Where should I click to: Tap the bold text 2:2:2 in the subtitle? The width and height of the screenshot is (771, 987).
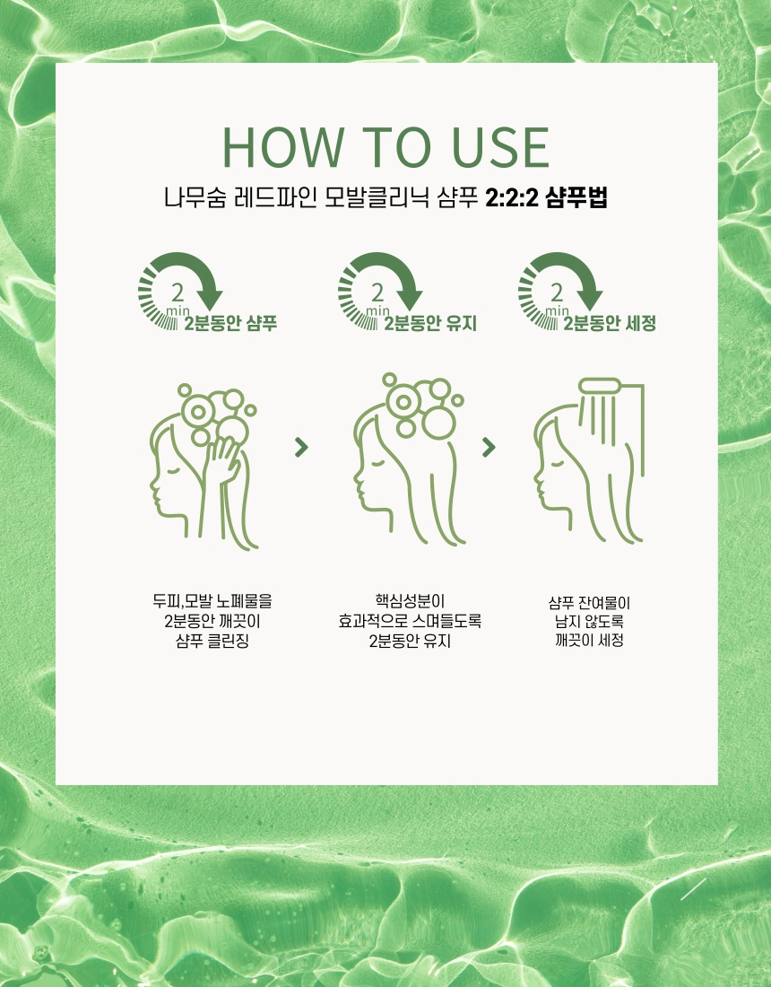coord(513,197)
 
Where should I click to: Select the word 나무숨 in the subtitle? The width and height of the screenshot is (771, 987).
coord(195,197)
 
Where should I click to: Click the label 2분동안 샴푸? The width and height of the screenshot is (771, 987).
coord(230,323)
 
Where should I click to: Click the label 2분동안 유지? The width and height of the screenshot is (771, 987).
coord(430,323)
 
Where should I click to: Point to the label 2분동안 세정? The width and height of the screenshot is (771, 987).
coord(610,323)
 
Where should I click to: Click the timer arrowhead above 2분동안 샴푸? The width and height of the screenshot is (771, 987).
coord(209,299)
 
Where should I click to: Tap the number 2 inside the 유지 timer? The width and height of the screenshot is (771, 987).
coord(377,293)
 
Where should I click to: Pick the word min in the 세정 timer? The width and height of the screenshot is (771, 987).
coord(557,311)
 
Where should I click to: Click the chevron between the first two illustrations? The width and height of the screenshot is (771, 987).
coord(301,448)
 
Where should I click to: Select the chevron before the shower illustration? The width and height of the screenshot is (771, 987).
coord(489,447)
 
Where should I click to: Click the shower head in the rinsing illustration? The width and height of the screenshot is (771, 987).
coord(601,385)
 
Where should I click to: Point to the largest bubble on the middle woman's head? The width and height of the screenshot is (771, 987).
coord(438,421)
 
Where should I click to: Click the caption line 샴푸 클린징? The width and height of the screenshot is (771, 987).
coord(212,642)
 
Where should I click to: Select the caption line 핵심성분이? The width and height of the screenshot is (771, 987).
coord(410,601)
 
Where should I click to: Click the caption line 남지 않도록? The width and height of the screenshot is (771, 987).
coord(589,622)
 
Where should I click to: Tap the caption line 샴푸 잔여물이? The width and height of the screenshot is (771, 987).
coord(589,603)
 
